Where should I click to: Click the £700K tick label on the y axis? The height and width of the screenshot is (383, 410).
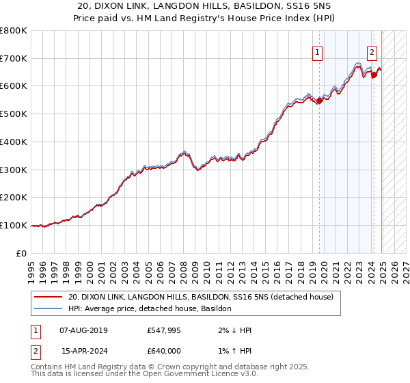(x=14, y=59)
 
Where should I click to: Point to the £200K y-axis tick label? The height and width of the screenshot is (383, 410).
(x=14, y=198)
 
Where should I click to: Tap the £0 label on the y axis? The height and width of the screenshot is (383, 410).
(x=20, y=253)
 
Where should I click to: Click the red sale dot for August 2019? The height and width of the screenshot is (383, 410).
(x=319, y=101)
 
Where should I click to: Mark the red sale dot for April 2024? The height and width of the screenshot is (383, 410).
(x=374, y=75)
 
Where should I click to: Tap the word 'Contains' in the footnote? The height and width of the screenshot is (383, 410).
(x=46, y=367)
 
